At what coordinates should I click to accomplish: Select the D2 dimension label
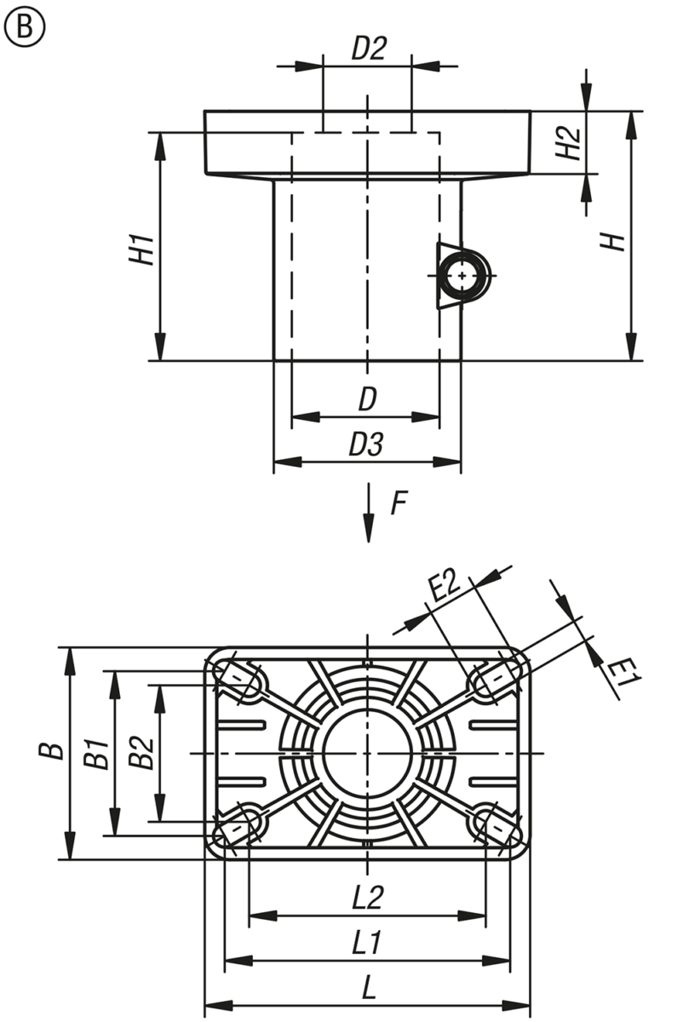tap(369, 48)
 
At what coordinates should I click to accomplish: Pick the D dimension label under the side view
tap(366, 400)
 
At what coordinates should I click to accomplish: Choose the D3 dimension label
tap(366, 445)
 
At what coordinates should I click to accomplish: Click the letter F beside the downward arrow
tap(398, 504)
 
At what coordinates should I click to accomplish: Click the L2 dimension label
tap(368, 898)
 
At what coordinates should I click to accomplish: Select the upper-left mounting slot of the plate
tap(241, 680)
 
